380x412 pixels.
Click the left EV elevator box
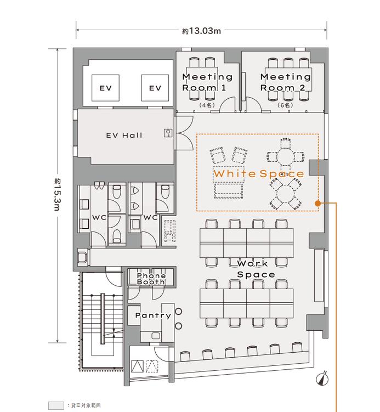106,88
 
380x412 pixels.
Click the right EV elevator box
155,88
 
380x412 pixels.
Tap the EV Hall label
124,136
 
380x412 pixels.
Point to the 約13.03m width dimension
202,31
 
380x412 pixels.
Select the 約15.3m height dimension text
58,195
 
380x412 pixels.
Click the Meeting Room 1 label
207,82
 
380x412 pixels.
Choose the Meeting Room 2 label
286,82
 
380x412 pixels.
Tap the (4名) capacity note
207,105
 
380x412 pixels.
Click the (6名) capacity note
285,105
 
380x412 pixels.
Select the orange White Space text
259,173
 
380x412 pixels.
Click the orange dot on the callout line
317,203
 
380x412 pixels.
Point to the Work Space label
256,269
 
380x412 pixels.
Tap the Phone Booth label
151,279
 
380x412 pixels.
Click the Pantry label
153,315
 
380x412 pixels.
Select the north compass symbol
322,379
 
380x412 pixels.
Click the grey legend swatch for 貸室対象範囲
56,405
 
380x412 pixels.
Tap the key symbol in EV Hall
168,133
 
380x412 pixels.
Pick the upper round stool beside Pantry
179,312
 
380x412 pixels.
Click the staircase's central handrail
103,318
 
